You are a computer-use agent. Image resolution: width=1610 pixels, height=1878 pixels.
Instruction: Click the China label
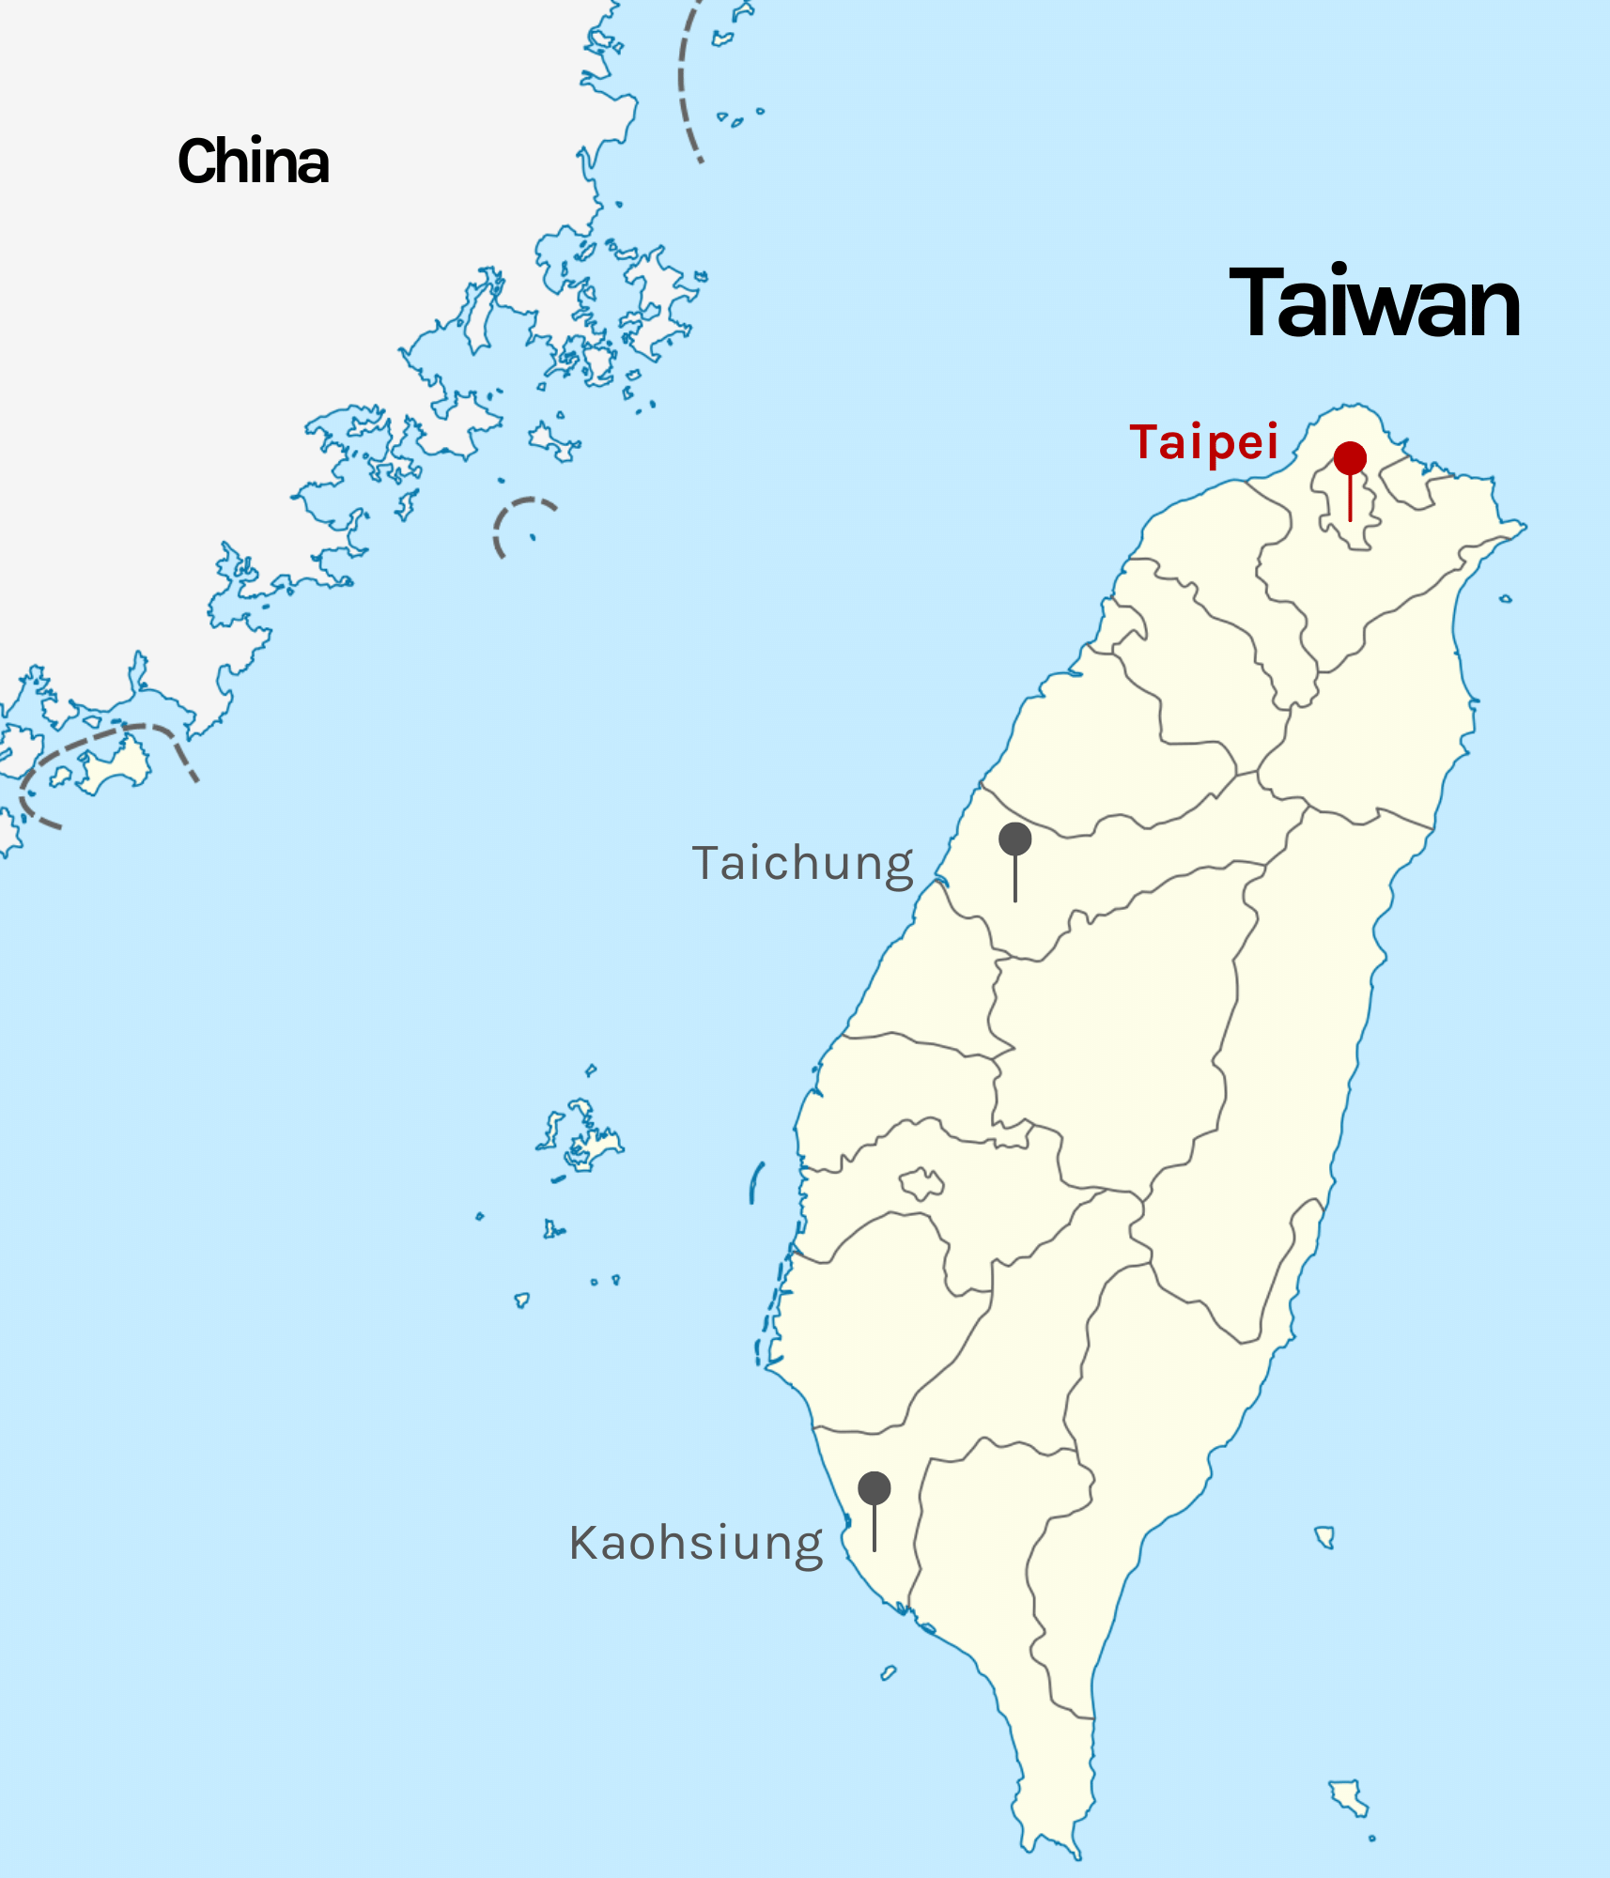tap(254, 162)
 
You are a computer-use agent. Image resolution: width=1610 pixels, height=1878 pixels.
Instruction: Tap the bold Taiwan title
tap(1374, 303)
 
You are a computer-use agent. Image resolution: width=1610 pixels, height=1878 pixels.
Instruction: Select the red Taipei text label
tap(1204, 441)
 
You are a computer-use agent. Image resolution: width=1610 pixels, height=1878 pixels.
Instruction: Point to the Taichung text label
tap(803, 864)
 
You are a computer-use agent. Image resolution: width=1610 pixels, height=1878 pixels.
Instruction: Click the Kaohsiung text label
tap(696, 1543)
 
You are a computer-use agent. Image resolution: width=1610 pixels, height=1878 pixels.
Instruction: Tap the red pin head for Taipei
tap(1350, 458)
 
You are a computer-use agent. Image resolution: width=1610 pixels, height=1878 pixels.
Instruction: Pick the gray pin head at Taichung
tap(1014, 839)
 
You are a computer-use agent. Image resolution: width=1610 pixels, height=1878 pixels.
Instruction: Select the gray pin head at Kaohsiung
tap(874, 1487)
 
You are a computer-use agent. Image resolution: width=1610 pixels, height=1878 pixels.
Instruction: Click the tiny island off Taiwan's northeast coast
tap(1506, 598)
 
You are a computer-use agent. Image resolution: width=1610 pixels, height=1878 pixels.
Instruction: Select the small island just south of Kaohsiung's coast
tap(888, 1672)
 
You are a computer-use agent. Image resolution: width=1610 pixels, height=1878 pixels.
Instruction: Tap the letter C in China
tap(198, 162)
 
